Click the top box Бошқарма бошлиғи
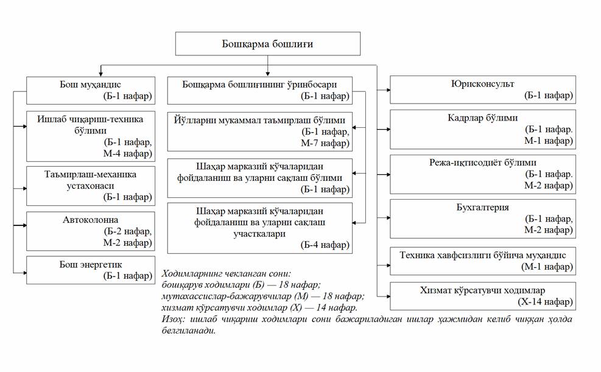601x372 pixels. tap(267, 44)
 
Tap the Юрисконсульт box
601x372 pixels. tap(483, 89)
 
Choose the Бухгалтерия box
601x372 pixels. tap(483, 218)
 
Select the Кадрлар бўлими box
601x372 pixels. tap(483, 129)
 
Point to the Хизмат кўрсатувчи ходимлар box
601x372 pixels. tap(483, 296)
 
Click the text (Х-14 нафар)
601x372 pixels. tap(547, 301)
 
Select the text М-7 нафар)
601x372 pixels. tap(325, 143)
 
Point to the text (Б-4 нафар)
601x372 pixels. tap(325, 245)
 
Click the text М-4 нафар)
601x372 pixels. tap(128, 153)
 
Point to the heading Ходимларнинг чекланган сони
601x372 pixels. tap(227, 273)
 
